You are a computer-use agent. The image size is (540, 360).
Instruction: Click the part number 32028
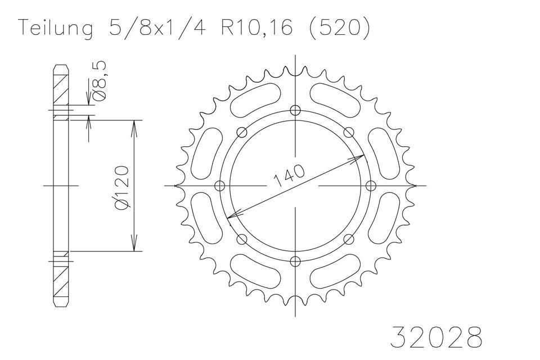point(436,337)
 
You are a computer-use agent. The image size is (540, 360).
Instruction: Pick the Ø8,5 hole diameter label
point(101,82)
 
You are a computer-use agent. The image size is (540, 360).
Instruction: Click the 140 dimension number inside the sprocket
point(290,175)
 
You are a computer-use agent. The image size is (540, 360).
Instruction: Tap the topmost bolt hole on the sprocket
point(295,110)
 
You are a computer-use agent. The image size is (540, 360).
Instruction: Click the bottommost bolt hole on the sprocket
point(295,260)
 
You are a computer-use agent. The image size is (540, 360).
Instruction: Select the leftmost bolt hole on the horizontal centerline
point(220,185)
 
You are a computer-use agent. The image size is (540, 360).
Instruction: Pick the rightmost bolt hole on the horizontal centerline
point(370,185)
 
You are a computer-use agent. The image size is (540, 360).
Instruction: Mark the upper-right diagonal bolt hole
point(348,132)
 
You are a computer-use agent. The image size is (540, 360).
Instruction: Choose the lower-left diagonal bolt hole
point(242,239)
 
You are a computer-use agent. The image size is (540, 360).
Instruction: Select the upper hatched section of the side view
point(61,87)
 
